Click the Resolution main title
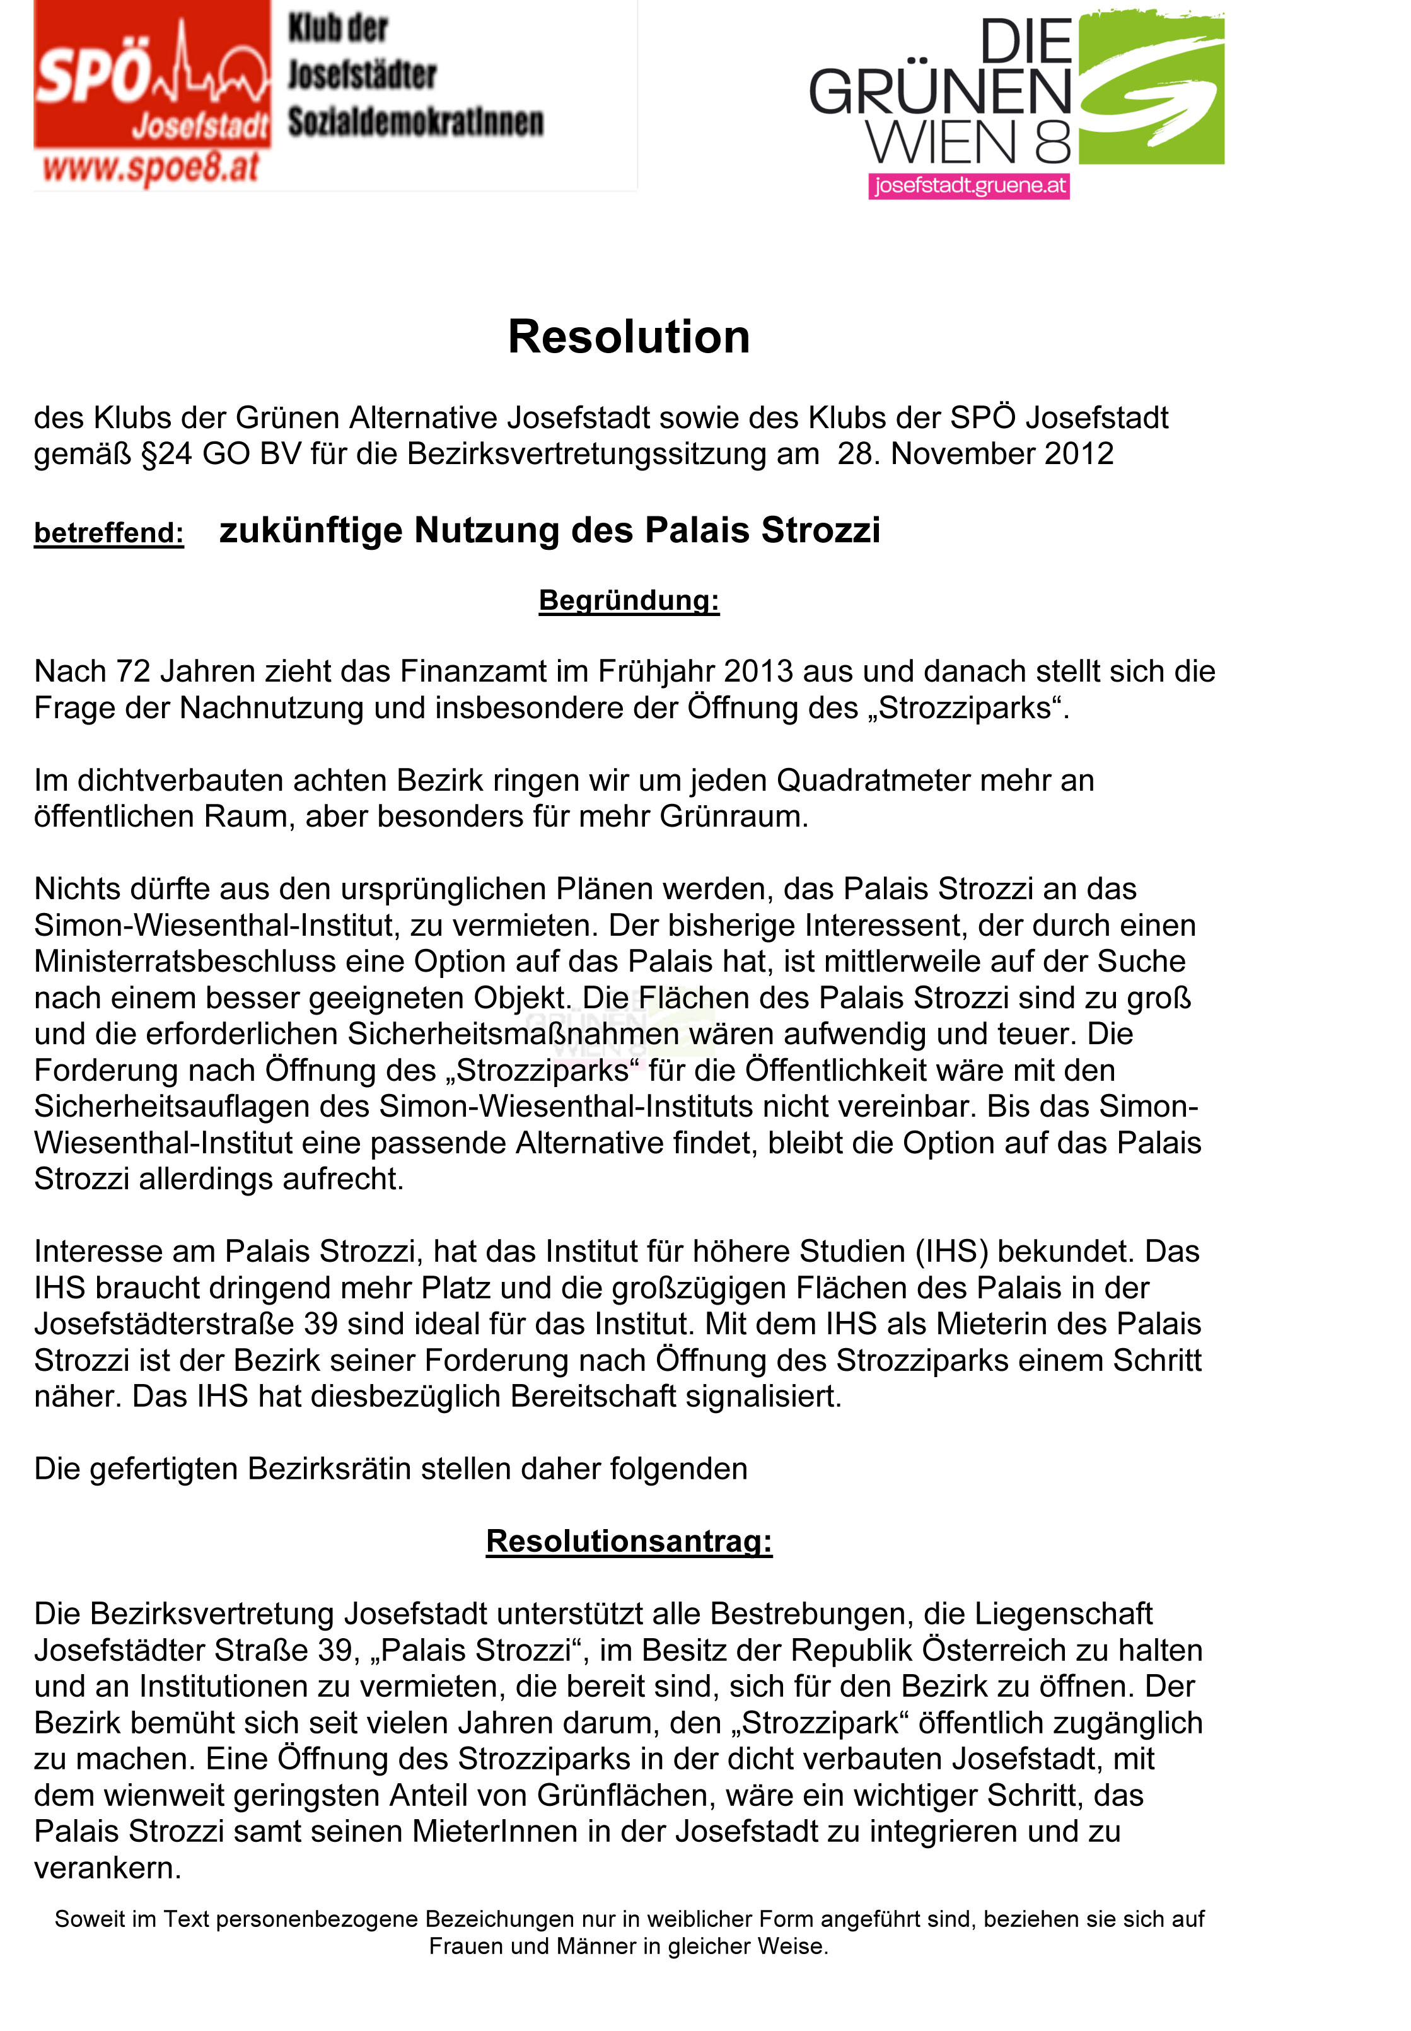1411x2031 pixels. [629, 337]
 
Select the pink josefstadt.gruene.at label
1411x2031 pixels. [969, 187]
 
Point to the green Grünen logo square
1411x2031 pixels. [1151, 88]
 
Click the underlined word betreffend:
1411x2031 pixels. [108, 533]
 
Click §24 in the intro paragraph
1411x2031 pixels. [167, 453]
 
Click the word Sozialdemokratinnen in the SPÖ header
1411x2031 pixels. [415, 122]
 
